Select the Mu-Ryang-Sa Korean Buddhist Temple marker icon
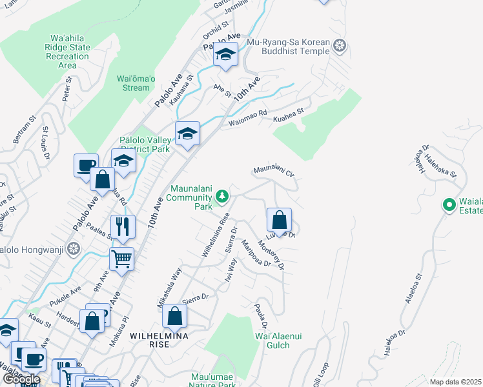[x=341, y=45]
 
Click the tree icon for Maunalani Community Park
[x=221, y=195]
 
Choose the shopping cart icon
[x=121, y=259]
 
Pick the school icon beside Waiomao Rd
[x=187, y=133]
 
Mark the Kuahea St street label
[x=288, y=113]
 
